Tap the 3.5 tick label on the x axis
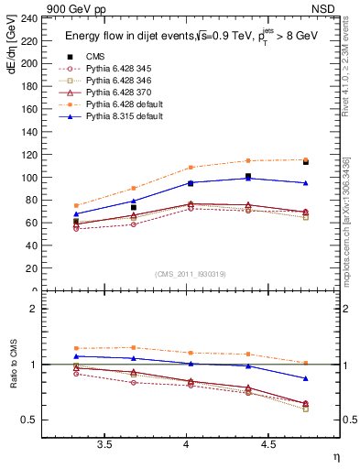tap(104, 446)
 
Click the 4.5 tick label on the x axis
tap(267, 446)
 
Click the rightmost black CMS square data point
tap(306, 161)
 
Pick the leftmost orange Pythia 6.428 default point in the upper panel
tap(76, 206)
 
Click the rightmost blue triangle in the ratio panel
tap(306, 378)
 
